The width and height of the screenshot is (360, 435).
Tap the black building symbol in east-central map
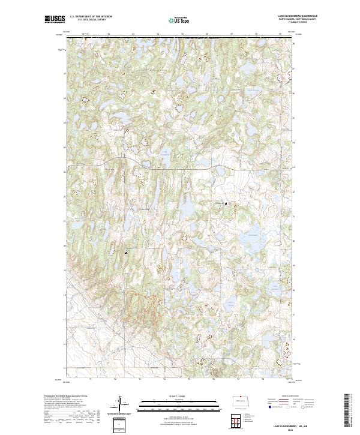point(226,204)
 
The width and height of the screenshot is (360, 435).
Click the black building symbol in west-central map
point(125,253)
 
